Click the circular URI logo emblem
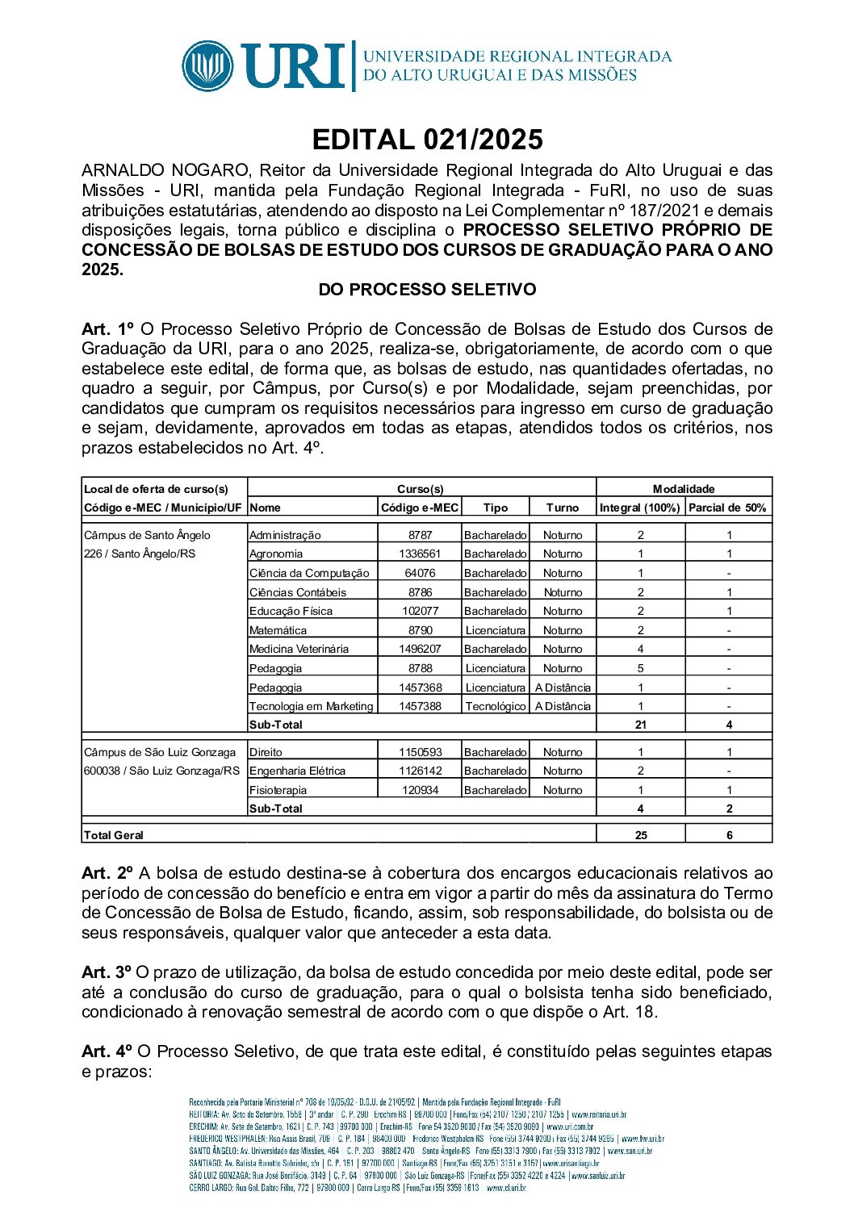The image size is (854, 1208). coord(208,66)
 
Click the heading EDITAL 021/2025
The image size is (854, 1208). coord(427,140)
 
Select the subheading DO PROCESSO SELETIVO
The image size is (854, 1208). coord(427,290)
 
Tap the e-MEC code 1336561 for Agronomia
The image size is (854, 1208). coord(420,554)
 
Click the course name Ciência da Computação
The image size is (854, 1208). coord(309,573)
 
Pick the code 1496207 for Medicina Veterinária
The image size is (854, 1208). coord(420,649)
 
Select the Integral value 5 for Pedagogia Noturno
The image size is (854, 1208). coord(640,668)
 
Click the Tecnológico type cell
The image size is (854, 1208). coord(495,706)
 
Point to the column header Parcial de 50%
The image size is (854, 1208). coord(727,508)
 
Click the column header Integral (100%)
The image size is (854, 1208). coord(640,508)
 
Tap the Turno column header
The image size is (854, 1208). coord(562,508)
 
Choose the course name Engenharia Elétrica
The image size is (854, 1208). coord(297,771)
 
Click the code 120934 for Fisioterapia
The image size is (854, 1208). coord(420,790)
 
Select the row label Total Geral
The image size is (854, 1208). coord(114,835)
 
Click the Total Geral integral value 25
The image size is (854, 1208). coord(640,835)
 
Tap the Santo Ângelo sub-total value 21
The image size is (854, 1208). coord(640,725)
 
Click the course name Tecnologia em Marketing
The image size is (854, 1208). coord(311,706)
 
